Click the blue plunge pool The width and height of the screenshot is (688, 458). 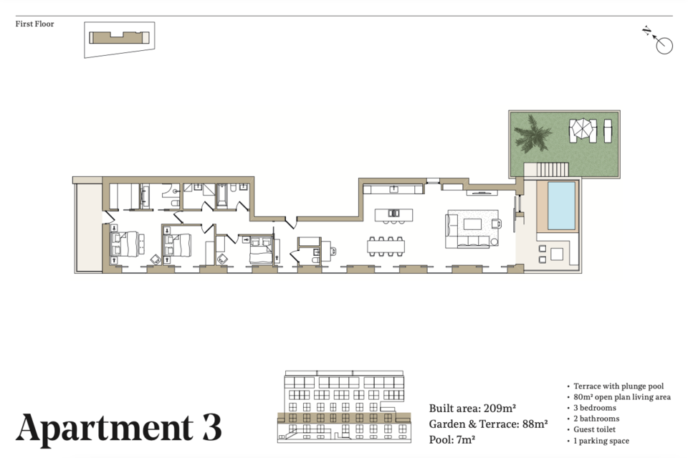coord(561,206)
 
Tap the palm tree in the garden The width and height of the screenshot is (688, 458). coord(532,133)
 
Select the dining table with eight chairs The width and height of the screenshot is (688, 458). coord(386,247)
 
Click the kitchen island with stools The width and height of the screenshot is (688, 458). coord(393,216)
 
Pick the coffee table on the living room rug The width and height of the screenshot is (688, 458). coord(472,224)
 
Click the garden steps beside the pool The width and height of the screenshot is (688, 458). coord(553,169)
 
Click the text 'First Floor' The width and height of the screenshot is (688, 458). coord(34,24)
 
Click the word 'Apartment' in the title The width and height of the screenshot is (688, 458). coord(104,428)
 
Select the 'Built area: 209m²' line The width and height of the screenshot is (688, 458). coord(472,408)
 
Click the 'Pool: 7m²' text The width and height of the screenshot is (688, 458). coord(452,439)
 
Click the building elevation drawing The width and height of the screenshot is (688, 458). coord(345,406)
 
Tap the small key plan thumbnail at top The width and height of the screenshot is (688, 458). coord(120,39)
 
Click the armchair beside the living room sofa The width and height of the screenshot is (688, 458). coord(496,224)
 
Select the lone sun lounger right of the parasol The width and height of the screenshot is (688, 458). coord(608,130)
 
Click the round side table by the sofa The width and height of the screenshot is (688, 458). coord(494,242)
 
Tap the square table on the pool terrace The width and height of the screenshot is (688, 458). coord(556,254)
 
